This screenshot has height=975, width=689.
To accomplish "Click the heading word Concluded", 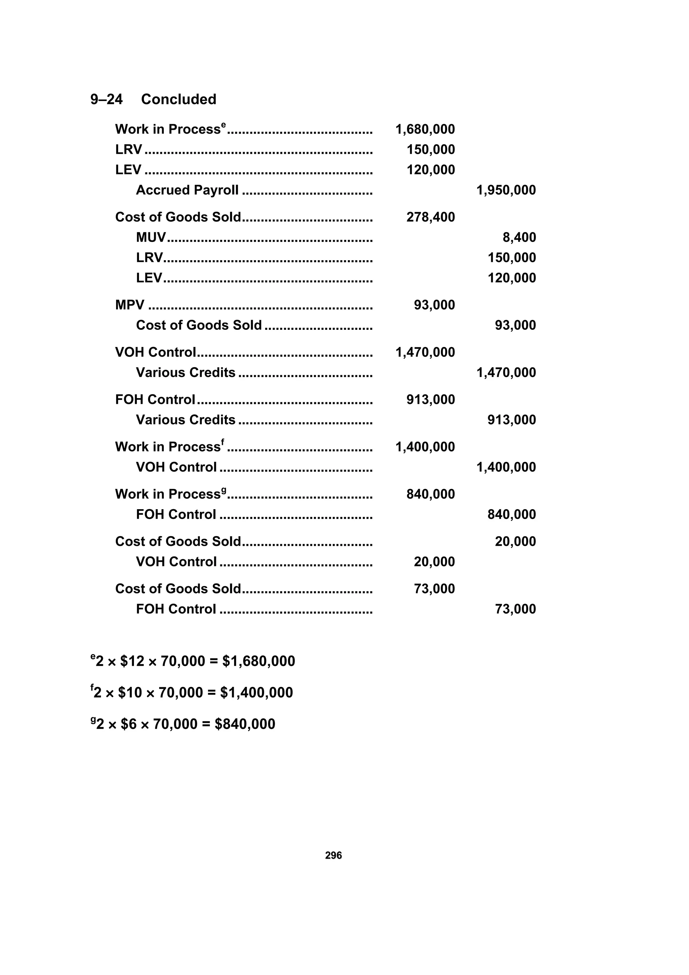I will [178, 99].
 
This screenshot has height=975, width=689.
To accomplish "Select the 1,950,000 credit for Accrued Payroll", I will [506, 190].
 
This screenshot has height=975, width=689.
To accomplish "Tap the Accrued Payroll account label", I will [187, 190].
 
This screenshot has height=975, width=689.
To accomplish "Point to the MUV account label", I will [151, 237].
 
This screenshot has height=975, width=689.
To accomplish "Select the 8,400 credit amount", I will [519, 237].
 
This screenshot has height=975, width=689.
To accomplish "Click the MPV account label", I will [130, 305].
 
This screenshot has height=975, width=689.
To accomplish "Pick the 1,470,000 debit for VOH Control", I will [425, 352].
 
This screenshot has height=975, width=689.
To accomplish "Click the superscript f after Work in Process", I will [222, 442].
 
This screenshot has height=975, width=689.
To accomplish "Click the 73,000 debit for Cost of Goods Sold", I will [434, 589].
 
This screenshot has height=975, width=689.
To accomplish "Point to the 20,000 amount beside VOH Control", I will [434, 562].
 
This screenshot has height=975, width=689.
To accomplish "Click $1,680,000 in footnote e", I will [258, 662].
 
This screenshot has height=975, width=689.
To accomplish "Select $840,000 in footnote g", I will [245, 724].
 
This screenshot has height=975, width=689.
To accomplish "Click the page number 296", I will [333, 855].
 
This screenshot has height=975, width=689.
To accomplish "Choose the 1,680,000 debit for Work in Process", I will [425, 130].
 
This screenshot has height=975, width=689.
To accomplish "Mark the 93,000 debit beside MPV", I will [434, 305].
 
